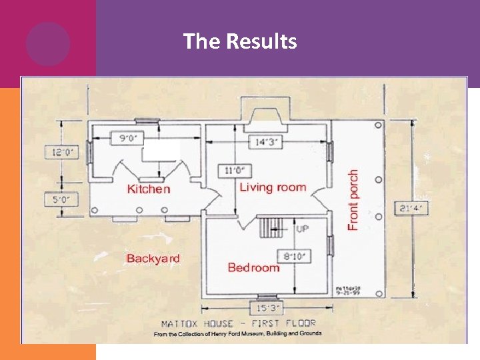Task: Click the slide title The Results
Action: [240, 42]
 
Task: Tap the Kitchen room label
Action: [149, 189]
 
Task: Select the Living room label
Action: [273, 187]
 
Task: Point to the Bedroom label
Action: [253, 267]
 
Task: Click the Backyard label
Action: [153, 258]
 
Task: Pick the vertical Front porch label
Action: [353, 199]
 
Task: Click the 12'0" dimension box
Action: [61, 152]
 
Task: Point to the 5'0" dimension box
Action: [61, 199]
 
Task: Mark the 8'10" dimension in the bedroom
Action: [292, 255]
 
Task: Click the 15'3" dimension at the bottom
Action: [267, 309]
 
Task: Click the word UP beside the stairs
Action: [302, 229]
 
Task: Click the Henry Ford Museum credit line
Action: [238, 333]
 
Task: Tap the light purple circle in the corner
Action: [48, 44]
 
